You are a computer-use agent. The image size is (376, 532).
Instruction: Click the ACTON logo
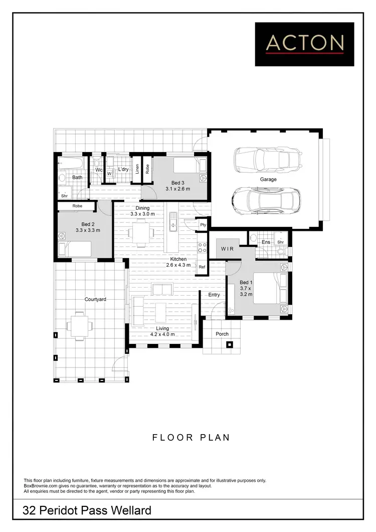tap(305, 44)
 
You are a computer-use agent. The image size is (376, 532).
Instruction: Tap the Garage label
tap(268, 179)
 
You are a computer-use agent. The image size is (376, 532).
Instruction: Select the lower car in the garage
tap(266, 200)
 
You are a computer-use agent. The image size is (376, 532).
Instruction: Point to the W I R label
tap(227, 248)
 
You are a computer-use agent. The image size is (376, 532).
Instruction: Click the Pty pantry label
tap(203, 225)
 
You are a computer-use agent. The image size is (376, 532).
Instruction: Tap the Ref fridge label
tap(202, 267)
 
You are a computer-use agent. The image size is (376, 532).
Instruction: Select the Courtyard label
tap(95, 300)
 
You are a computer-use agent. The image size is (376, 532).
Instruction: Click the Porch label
tap(222, 334)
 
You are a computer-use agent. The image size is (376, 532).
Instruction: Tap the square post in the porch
tap(230, 345)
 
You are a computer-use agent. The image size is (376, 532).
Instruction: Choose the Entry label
tap(214, 295)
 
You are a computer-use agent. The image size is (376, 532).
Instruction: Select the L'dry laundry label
tap(123, 170)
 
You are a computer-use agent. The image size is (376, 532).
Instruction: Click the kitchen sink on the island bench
tap(173, 222)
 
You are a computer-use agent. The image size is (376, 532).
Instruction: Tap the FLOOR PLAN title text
tap(191, 437)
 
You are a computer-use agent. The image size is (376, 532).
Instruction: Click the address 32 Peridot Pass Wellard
tap(87, 511)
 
